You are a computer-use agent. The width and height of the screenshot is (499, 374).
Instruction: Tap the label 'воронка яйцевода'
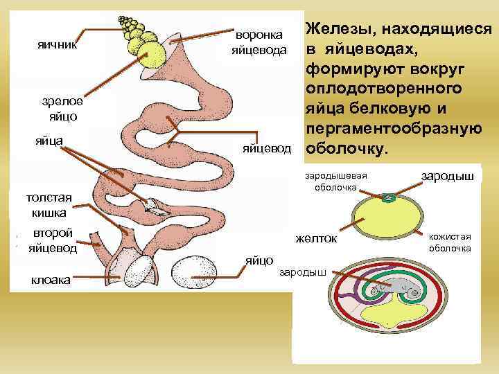[259, 41]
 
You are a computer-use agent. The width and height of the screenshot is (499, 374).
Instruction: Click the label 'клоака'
[49, 280]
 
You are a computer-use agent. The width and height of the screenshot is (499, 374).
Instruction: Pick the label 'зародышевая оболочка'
[335, 181]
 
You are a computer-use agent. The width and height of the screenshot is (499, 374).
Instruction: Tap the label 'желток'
[316, 239]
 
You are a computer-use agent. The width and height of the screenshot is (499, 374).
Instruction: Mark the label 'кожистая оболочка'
[450, 242]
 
